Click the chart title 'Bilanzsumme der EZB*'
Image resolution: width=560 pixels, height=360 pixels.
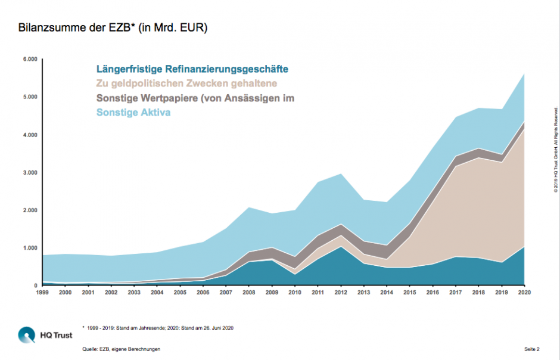coord(113,27)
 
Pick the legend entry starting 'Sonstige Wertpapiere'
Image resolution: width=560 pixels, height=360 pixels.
coord(195,98)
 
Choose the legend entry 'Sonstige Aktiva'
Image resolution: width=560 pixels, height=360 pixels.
coord(133,112)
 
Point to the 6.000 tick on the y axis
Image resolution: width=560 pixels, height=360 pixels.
coord(30,60)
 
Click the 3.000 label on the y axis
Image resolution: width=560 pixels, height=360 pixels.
coord(30,173)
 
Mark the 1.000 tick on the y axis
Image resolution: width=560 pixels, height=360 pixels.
coord(30,248)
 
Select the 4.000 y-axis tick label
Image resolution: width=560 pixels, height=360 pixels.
coord(30,135)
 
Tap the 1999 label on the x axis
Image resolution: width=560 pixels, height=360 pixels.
coord(42,293)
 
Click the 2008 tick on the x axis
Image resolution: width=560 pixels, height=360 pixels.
coord(249,293)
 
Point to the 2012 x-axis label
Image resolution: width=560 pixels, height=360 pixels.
coord(341,293)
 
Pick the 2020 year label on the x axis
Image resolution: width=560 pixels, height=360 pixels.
coord(524,293)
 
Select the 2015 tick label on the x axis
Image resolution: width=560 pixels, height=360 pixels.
coord(410,293)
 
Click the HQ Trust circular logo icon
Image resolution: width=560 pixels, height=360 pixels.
coord(27,335)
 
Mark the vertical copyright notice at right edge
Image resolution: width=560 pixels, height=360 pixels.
coord(555,149)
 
